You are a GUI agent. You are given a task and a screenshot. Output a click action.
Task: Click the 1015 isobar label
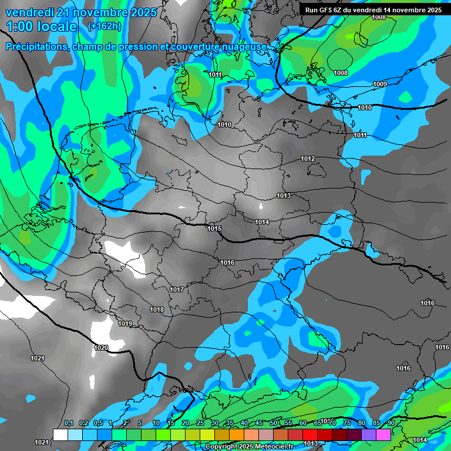tap(214, 228)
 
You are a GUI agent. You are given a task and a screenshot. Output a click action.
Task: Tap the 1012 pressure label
tap(308, 159)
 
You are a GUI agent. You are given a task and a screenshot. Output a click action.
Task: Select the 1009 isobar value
tap(380, 85)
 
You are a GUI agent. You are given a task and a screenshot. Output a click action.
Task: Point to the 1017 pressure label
tap(177, 290)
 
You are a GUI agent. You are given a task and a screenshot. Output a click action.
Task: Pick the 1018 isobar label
tap(157, 309)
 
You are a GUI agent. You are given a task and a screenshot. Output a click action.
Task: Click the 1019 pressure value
tap(125, 324)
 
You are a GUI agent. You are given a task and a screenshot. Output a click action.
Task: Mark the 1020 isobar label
tap(101, 348)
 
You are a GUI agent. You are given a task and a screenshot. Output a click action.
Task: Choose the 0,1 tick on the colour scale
tap(68, 423)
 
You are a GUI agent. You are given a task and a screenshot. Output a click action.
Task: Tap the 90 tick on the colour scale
tap(391, 423)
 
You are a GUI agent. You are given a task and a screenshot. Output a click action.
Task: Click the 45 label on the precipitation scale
tap(259, 423)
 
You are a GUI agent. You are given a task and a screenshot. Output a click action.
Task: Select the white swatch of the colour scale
tap(60, 435)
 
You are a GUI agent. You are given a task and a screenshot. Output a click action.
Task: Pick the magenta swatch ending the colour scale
tap(383, 435)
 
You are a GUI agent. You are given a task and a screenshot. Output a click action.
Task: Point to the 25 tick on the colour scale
tap(200, 423)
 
